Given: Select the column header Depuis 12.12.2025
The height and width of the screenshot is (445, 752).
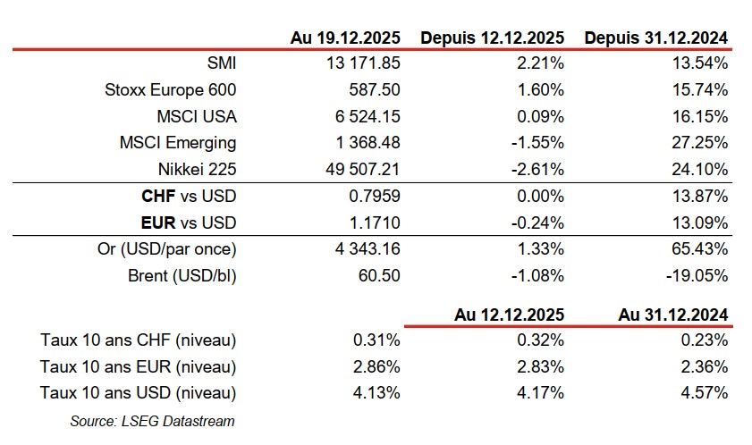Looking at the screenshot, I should coord(492,38).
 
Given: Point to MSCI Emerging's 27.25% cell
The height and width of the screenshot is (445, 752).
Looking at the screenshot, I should coord(699,142).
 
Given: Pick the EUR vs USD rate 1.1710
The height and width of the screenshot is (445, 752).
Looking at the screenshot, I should coord(374,222).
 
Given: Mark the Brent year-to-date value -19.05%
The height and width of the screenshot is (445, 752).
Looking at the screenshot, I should coord(697,275).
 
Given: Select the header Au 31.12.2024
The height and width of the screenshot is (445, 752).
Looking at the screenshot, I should coord(672,314).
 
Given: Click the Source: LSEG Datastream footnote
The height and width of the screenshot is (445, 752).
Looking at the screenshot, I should coord(152,421).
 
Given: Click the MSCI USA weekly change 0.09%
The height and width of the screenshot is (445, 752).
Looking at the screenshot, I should coord(542,116).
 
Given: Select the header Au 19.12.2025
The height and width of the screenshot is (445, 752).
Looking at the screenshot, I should coord(345,38).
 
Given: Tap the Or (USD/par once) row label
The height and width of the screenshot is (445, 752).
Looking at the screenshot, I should coord(170,248).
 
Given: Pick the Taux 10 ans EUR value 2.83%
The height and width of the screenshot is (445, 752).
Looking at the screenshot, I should coord(542,366).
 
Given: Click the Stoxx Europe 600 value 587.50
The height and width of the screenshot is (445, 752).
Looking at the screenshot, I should coord(376,89).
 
